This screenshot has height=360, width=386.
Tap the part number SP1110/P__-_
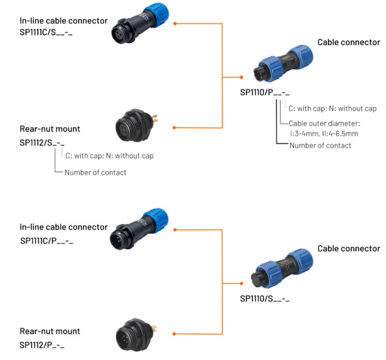[x=265, y=93]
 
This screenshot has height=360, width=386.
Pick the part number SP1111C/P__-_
[x=47, y=240]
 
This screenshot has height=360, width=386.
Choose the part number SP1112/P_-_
[x=42, y=344]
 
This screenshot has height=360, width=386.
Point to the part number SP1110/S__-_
[x=265, y=298]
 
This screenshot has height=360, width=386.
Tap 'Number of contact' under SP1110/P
[x=321, y=146]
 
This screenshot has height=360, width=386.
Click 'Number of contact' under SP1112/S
[x=95, y=172]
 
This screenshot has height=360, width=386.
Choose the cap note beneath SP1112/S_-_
[x=110, y=155]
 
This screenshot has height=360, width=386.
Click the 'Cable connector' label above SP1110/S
[x=348, y=248]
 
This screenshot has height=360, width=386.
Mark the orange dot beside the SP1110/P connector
[x=241, y=77]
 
